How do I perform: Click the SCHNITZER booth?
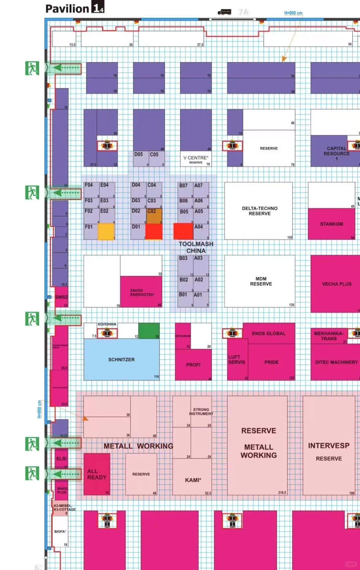(121, 360)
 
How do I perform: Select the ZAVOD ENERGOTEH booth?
(141, 292)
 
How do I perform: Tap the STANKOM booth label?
(331, 224)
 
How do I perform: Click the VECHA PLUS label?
(336, 284)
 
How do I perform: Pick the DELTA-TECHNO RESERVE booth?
(259, 211)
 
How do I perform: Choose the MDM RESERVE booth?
(261, 282)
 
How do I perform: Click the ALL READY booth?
(97, 474)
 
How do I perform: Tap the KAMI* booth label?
(193, 480)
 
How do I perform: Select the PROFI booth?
(193, 365)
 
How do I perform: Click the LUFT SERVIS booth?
(237, 360)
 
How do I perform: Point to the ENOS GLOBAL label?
(269, 333)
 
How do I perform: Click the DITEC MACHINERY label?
(336, 362)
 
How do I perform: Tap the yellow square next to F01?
(106, 231)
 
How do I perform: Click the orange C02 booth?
(154, 216)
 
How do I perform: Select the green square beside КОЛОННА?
(149, 330)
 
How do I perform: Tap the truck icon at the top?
(224, 12)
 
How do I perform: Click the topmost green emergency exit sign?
(32, 68)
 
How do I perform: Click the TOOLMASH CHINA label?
(196, 247)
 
